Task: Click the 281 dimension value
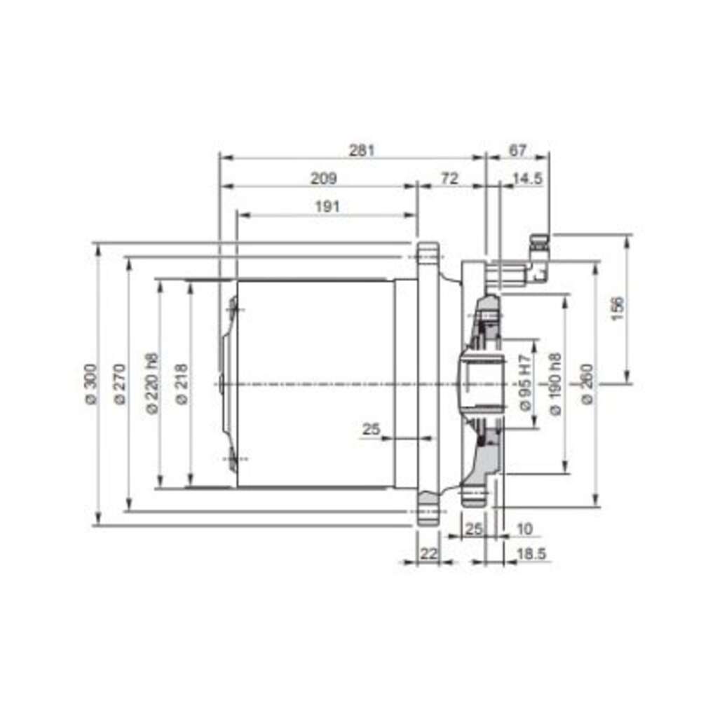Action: tap(361, 150)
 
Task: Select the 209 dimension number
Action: tap(323, 178)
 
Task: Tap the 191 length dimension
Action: tap(327, 207)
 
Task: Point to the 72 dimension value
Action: tap(449, 178)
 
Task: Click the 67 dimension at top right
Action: tap(518, 150)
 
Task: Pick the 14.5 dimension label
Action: tap(528, 178)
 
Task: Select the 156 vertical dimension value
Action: tap(617, 308)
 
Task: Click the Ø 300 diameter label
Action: tap(91, 384)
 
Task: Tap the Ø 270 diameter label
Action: tap(120, 384)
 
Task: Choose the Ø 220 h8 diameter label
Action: tap(152, 384)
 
